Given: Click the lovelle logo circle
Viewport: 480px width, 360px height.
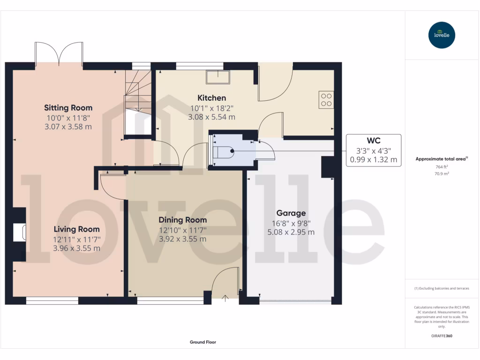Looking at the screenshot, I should click(442, 35).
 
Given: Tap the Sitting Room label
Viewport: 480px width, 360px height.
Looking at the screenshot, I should click(68, 108).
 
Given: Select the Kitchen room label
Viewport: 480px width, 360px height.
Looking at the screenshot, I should click(211, 98).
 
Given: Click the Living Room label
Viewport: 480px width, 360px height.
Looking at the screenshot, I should click(76, 229).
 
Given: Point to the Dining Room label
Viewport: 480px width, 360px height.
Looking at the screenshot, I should click(182, 220).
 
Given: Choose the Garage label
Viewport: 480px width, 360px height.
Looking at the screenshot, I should click(291, 213).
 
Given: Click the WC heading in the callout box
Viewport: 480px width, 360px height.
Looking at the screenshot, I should click(373, 141).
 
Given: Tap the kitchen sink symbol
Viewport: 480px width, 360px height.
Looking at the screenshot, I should click(219, 76).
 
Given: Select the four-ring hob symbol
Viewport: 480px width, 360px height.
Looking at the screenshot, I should click(326, 99).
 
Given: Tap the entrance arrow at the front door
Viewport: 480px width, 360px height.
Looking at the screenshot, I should click(225, 298).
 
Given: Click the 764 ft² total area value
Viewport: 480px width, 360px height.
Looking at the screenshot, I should click(442, 166).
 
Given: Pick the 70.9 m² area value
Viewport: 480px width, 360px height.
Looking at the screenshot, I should click(442, 173).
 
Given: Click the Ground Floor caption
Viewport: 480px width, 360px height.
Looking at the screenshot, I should click(202, 342).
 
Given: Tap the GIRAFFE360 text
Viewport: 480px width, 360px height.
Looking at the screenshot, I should click(442, 336).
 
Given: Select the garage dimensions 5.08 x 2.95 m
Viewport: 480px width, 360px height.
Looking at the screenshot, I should click(291, 232).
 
